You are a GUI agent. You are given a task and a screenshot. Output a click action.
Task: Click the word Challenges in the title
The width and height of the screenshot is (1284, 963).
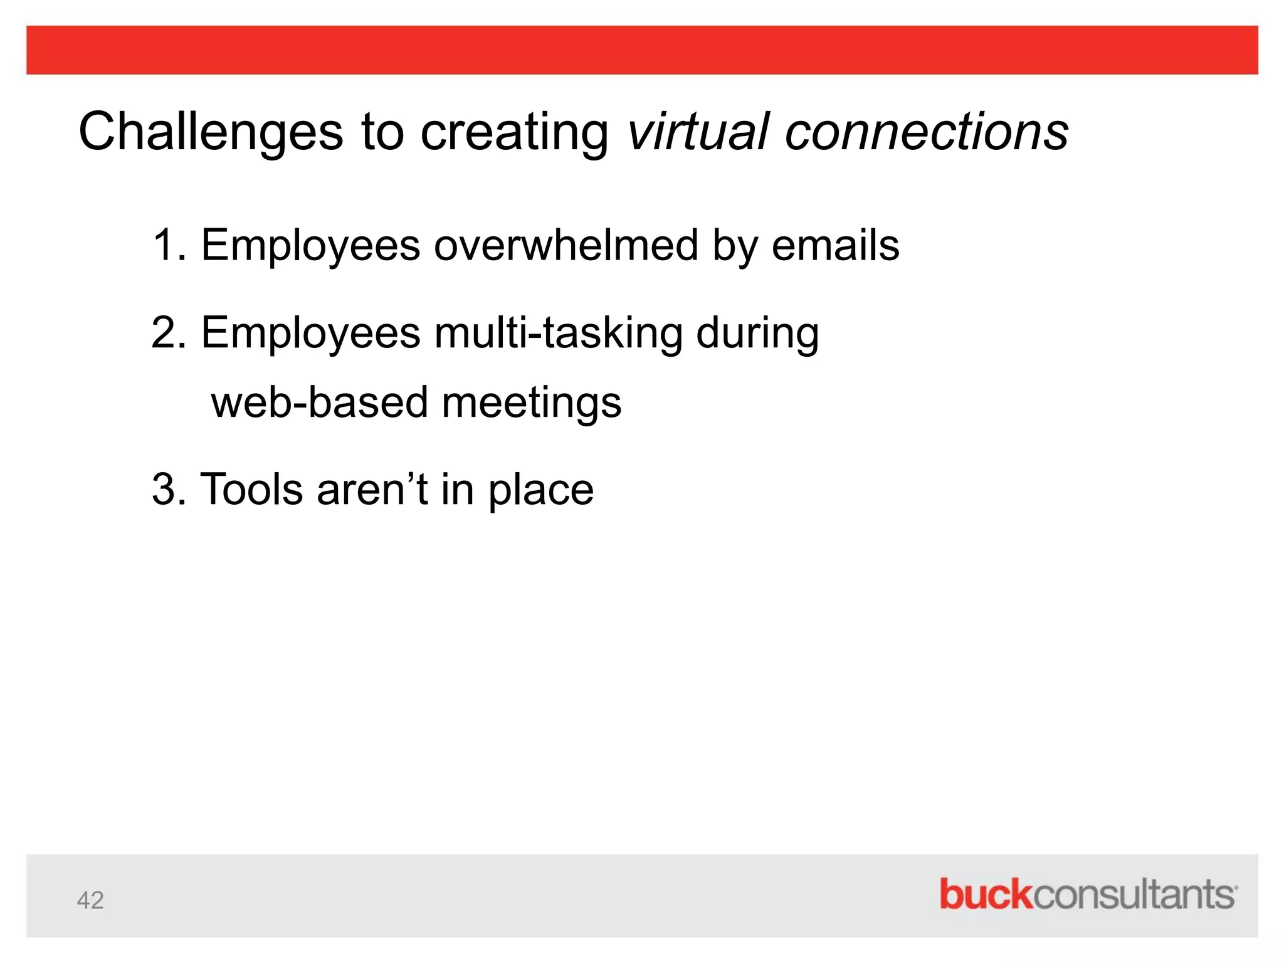(211, 132)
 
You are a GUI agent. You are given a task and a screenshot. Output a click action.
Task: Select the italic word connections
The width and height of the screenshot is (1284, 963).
(926, 132)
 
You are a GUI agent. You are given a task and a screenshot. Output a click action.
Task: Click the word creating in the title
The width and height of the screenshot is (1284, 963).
(513, 132)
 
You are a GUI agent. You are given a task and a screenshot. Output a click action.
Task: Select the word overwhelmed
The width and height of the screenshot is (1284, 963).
(566, 245)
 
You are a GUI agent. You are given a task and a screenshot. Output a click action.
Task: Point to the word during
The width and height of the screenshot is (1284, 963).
(757, 333)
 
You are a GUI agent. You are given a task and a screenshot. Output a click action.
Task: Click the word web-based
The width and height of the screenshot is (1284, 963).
(319, 402)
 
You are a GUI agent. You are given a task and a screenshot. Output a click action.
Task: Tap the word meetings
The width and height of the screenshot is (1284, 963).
(532, 403)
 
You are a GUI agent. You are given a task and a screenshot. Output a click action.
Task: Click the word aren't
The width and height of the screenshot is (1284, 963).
(372, 490)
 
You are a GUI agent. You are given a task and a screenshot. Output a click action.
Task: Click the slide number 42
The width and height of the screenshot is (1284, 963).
(90, 900)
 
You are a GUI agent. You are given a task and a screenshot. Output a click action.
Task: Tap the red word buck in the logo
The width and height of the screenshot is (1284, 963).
(985, 894)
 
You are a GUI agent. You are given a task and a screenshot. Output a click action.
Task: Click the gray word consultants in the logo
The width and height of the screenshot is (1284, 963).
(1134, 894)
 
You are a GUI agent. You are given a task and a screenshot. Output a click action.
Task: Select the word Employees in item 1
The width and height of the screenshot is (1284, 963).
(310, 246)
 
